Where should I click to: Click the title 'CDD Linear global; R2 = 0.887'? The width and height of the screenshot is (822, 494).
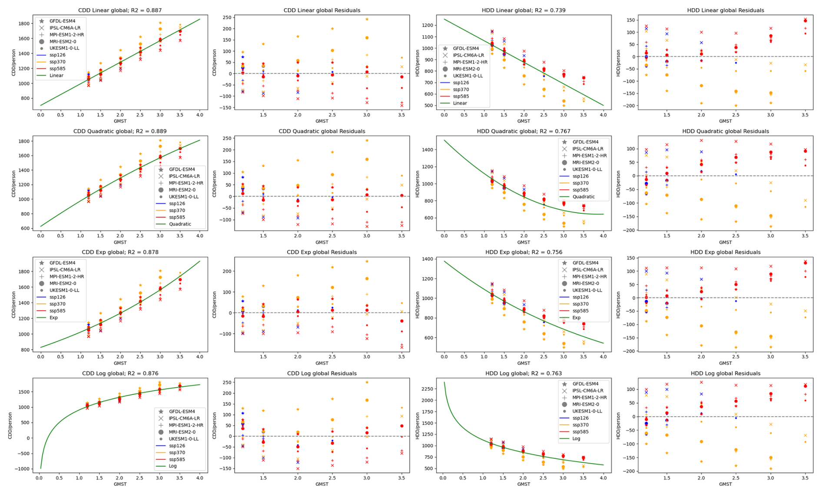[x=120, y=10]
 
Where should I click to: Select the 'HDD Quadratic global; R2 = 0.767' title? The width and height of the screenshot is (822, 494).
[x=524, y=131]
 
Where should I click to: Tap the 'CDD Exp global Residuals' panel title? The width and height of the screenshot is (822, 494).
[x=322, y=252]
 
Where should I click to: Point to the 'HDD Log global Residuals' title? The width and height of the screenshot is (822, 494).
[x=725, y=374]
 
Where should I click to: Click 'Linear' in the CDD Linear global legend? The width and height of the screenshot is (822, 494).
[x=57, y=76]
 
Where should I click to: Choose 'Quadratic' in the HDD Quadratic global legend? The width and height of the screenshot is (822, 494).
[x=585, y=197]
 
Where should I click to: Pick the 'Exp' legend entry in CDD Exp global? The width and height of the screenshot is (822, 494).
[x=53, y=318]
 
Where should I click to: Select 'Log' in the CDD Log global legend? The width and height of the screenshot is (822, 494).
[x=172, y=466]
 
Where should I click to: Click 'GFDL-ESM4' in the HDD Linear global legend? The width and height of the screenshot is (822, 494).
[x=466, y=49]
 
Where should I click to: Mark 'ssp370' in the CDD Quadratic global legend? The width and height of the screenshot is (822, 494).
[x=178, y=210]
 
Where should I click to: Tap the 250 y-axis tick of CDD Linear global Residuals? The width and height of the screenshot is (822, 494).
[x=225, y=17]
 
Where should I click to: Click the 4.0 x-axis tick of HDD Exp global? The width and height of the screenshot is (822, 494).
[x=603, y=357]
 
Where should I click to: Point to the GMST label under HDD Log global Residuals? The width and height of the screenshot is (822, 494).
[x=725, y=484]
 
